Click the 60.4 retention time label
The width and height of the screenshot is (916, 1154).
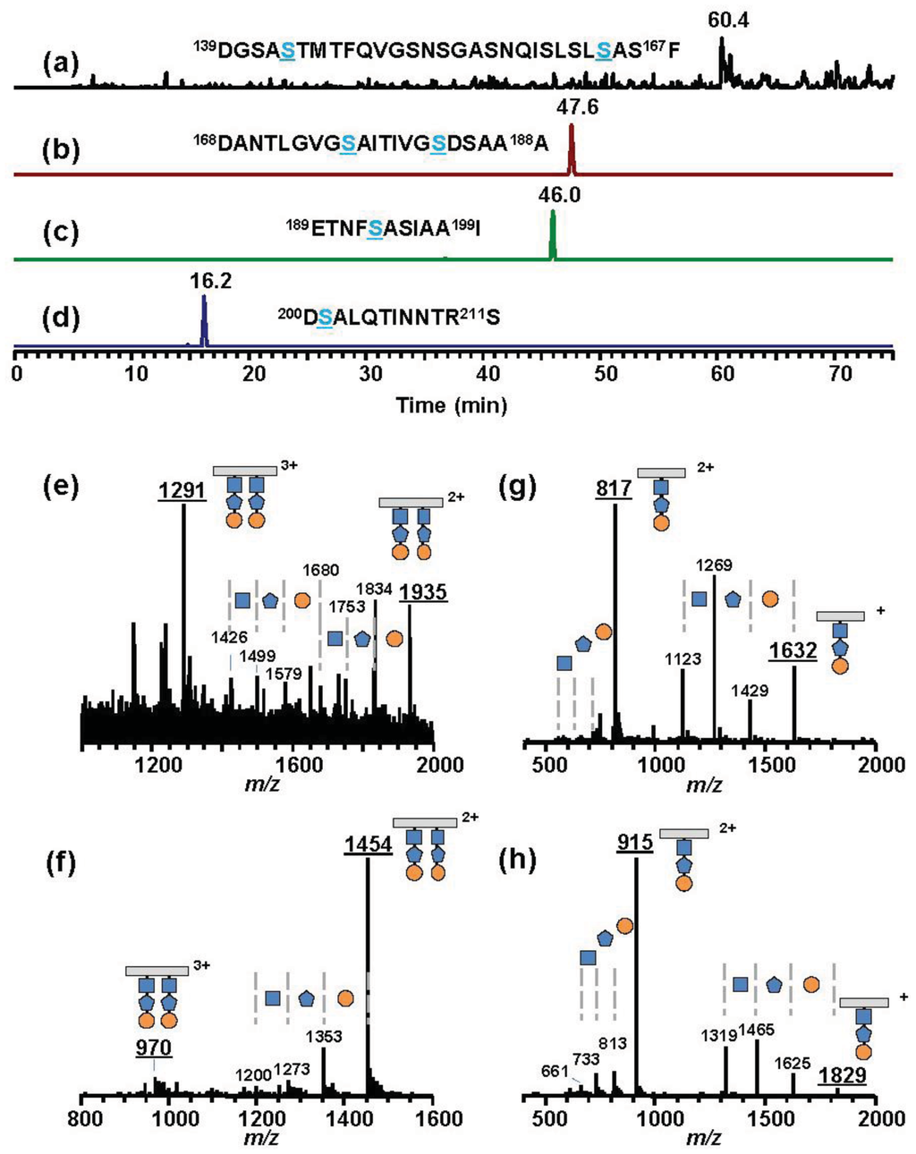tap(727, 21)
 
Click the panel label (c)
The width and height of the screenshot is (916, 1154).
tap(62, 233)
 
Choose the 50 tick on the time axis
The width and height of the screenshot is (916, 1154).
tap(606, 373)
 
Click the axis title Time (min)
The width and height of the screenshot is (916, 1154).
tap(452, 405)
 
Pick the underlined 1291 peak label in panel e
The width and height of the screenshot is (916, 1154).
tap(182, 490)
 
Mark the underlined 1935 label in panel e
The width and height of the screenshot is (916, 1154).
tap(423, 591)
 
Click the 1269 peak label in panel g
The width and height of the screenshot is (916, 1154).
tap(715, 564)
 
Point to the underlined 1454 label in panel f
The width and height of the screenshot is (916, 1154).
tap(368, 845)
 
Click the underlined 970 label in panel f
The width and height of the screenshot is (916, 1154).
tap(154, 1047)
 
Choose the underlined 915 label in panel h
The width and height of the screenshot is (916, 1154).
tap(635, 843)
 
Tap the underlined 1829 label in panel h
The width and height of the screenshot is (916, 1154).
tap(843, 1074)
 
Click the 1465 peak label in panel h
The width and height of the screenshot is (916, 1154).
tap(757, 1031)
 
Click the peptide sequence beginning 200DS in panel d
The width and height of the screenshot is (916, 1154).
tap(388, 317)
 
